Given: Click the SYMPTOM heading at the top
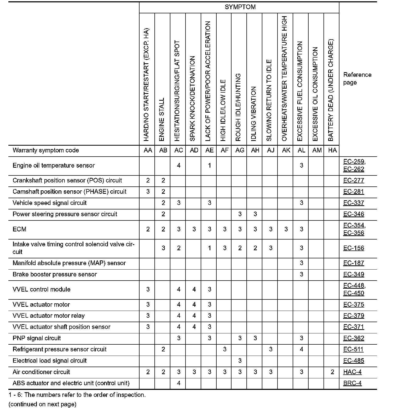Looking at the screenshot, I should click(240, 7).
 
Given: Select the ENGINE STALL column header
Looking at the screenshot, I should click(162, 119).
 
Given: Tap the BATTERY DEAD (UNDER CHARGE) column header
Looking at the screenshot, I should click(331, 90).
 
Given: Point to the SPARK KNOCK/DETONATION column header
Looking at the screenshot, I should click(193, 99).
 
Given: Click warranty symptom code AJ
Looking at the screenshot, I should click(270, 150).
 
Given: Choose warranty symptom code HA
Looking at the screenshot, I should click(332, 150).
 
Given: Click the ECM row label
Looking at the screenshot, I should click(20, 229).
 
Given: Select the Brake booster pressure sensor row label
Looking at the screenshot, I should click(55, 275).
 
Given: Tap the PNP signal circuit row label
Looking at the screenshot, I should click(37, 338).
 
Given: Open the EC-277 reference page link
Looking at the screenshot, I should click(354, 180).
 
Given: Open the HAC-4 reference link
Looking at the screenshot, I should click(352, 372).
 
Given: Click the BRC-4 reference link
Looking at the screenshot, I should click(352, 383).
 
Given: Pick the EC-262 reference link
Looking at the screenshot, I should click(354, 169).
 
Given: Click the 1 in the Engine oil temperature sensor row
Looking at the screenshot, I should click(209, 166).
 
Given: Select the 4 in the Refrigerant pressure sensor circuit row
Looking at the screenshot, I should click(302, 350).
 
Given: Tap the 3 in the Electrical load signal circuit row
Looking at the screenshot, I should click(240, 361).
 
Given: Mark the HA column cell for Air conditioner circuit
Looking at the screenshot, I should click(332, 372).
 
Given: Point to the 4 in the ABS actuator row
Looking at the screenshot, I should click(179, 383).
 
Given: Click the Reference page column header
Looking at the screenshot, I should click(357, 78).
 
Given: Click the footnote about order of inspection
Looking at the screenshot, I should click(77, 395).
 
